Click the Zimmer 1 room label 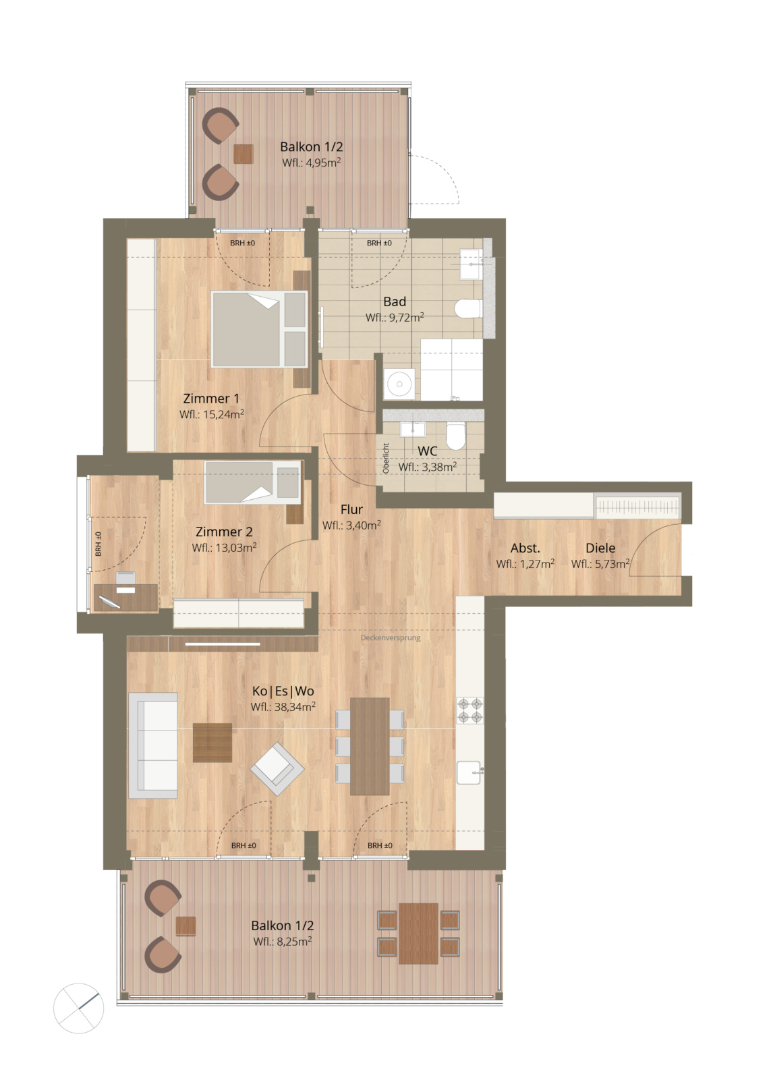pyautogui.click(x=211, y=399)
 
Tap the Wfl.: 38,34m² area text pyautogui.click(x=283, y=707)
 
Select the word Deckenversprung pyautogui.click(x=391, y=637)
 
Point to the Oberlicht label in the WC pyautogui.click(x=387, y=458)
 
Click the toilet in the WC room pyautogui.click(x=456, y=435)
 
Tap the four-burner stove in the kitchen pyautogui.click(x=469, y=710)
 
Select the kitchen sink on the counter pyautogui.click(x=469, y=772)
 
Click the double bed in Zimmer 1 pyautogui.click(x=260, y=328)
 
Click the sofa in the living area pyautogui.click(x=153, y=745)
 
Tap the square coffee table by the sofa pyautogui.click(x=212, y=743)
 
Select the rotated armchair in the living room pyautogui.click(x=277, y=769)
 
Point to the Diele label pyautogui.click(x=600, y=548)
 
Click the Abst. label pyautogui.click(x=525, y=548)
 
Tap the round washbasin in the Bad pyautogui.click(x=399, y=384)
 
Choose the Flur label pyautogui.click(x=351, y=509)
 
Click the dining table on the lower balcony pyautogui.click(x=418, y=933)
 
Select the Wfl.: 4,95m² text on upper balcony pyautogui.click(x=312, y=163)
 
